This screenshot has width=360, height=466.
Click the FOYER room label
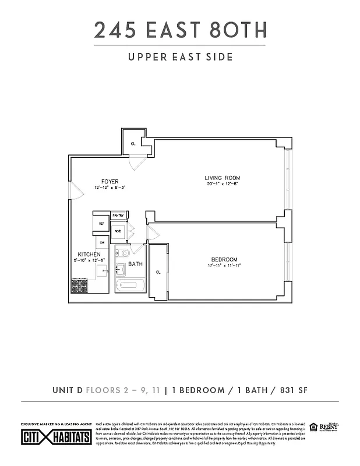pyautogui.click(x=110, y=182)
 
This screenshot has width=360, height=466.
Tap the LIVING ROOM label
pyautogui.click(x=222, y=178)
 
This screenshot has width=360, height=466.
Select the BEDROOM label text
pyautogui.click(x=224, y=259)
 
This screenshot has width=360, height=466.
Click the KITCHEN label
pyautogui.click(x=90, y=255)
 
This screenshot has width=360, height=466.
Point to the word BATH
pyautogui.click(x=136, y=264)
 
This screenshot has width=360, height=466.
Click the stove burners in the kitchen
pyautogui.click(x=78, y=286)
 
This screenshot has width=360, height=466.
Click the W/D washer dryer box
pyautogui.click(x=118, y=231)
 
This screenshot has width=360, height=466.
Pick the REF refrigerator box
pyautogui.click(x=101, y=223)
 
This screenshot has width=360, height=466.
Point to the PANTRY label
pyautogui.click(x=118, y=216)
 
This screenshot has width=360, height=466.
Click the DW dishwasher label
pyautogui.click(x=101, y=242)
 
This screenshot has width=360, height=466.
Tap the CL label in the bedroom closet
pyautogui.click(x=158, y=271)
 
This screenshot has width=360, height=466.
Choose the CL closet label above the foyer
pyautogui.click(x=133, y=143)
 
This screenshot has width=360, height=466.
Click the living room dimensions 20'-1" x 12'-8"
pyautogui.click(x=222, y=184)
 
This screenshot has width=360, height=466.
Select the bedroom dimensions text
pyautogui.click(x=224, y=266)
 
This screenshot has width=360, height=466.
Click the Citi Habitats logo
pyautogui.click(x=56, y=437)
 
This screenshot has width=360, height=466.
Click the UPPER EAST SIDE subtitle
pyautogui.click(x=179, y=57)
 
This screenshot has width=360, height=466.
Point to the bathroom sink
pyautogui.click(x=121, y=269)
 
